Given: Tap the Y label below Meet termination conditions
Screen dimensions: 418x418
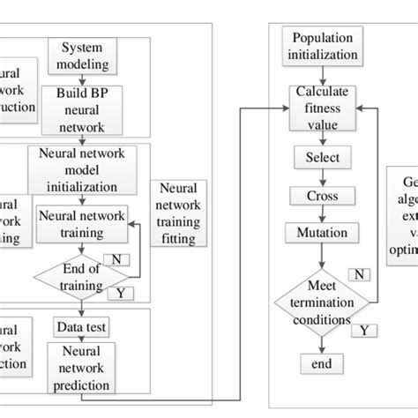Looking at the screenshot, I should tap(360, 330).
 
